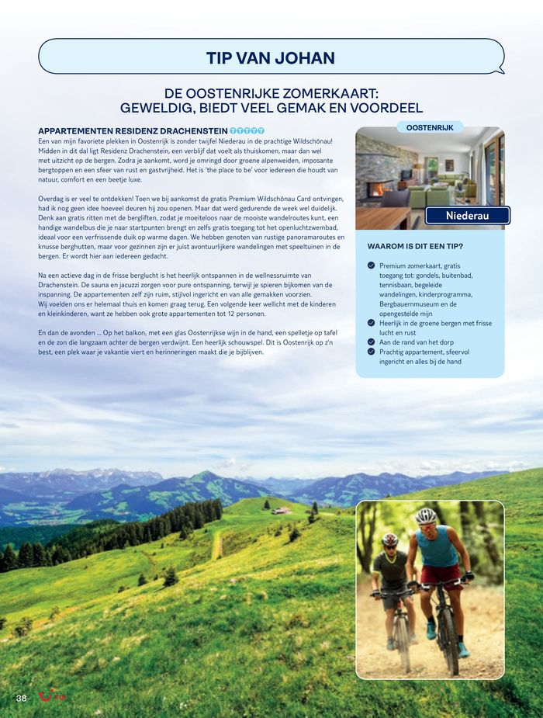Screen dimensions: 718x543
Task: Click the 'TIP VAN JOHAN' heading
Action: tap(271, 58)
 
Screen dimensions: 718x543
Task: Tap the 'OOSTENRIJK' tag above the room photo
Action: tap(430, 127)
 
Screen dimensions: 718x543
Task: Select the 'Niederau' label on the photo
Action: tap(468, 216)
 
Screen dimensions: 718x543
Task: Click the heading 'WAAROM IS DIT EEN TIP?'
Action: tap(415, 247)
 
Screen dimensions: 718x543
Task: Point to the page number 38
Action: tap(22, 698)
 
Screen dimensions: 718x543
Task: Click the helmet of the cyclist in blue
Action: tap(426, 515)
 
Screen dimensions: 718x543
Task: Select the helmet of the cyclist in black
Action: tap(389, 539)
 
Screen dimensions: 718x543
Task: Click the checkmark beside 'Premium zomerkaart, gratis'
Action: tap(372, 265)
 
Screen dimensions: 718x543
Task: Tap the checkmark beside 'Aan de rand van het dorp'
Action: tap(372, 342)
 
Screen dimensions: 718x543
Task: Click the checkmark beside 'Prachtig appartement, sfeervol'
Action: tap(372, 352)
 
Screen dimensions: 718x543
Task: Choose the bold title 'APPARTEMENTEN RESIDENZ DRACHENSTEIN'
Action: tap(133, 130)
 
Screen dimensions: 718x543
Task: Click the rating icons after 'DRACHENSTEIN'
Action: tap(247, 130)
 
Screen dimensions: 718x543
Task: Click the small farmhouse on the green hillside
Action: tap(282, 510)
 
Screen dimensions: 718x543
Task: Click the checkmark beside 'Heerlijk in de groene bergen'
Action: tap(372, 323)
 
